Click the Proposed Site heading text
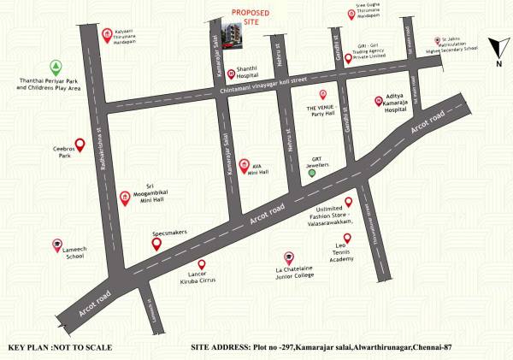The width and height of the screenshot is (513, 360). click(x=251, y=18)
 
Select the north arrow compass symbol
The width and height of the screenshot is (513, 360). click(x=497, y=50)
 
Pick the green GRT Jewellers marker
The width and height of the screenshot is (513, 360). click(x=312, y=173)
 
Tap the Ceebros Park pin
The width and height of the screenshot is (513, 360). click(x=80, y=145)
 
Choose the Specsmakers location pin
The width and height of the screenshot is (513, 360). click(x=156, y=244)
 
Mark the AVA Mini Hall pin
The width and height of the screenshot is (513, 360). click(x=245, y=164)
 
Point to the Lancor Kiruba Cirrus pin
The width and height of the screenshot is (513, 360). click(x=202, y=264)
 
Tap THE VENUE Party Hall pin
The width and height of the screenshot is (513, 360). click(x=323, y=94)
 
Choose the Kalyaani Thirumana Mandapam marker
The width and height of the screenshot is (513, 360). click(x=106, y=35)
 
